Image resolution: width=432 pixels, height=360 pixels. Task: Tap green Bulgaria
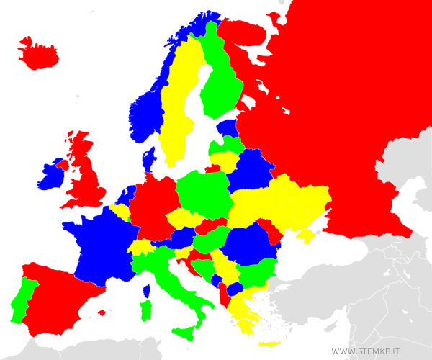pos(256,274)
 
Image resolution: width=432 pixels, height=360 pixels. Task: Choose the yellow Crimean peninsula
pos(306,235)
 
